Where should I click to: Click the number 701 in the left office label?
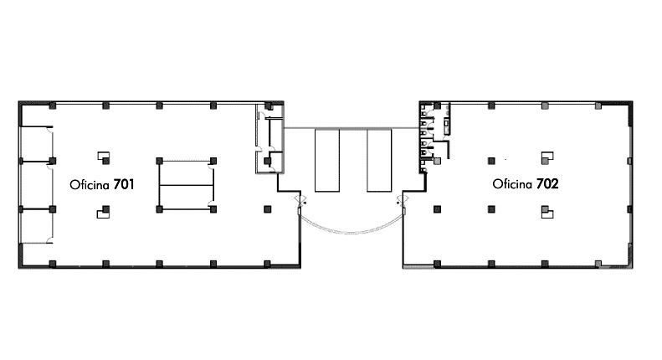click(x=124, y=184)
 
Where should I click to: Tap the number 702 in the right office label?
click(x=547, y=184)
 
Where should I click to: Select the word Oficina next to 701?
click(x=90, y=185)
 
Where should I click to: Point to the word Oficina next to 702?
click(x=512, y=184)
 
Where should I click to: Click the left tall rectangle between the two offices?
click(x=327, y=160)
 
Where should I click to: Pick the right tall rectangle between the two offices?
click(x=379, y=160)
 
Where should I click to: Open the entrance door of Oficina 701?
click(x=300, y=203)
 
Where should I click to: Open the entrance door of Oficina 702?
click(x=403, y=203)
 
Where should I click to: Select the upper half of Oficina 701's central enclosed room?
click(x=186, y=173)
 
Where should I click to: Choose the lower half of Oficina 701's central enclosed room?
click(x=186, y=198)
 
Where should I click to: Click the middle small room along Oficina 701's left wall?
click(x=36, y=185)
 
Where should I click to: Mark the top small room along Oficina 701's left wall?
click(x=36, y=144)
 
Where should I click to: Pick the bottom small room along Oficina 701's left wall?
click(x=36, y=226)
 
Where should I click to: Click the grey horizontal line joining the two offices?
click(x=352, y=128)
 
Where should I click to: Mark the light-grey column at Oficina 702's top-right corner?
click(x=598, y=105)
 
